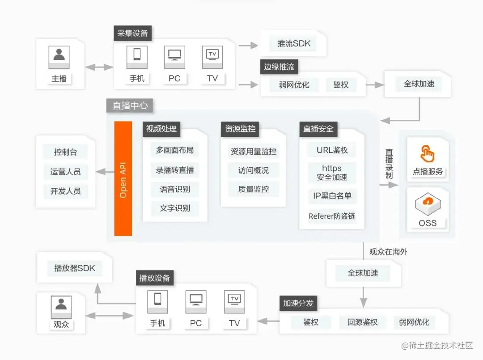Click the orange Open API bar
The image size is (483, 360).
(123, 178)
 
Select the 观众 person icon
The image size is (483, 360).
(61, 305)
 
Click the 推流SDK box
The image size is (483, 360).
(293, 44)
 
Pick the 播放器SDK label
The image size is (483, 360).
(74, 268)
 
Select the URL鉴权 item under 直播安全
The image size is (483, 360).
(332, 150)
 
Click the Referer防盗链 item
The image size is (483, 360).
(332, 216)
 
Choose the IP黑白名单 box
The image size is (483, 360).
(332, 196)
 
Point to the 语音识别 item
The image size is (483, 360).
(175, 189)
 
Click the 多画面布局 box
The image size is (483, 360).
(175, 150)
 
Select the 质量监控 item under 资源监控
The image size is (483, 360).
(254, 189)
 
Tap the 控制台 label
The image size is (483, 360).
(65, 152)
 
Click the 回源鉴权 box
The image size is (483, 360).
(362, 322)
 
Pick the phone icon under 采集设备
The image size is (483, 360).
(137, 55)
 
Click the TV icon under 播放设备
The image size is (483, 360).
(234, 299)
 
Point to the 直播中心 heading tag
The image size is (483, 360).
(130, 106)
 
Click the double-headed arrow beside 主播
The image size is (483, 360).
(100, 67)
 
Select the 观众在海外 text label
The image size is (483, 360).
(388, 252)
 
